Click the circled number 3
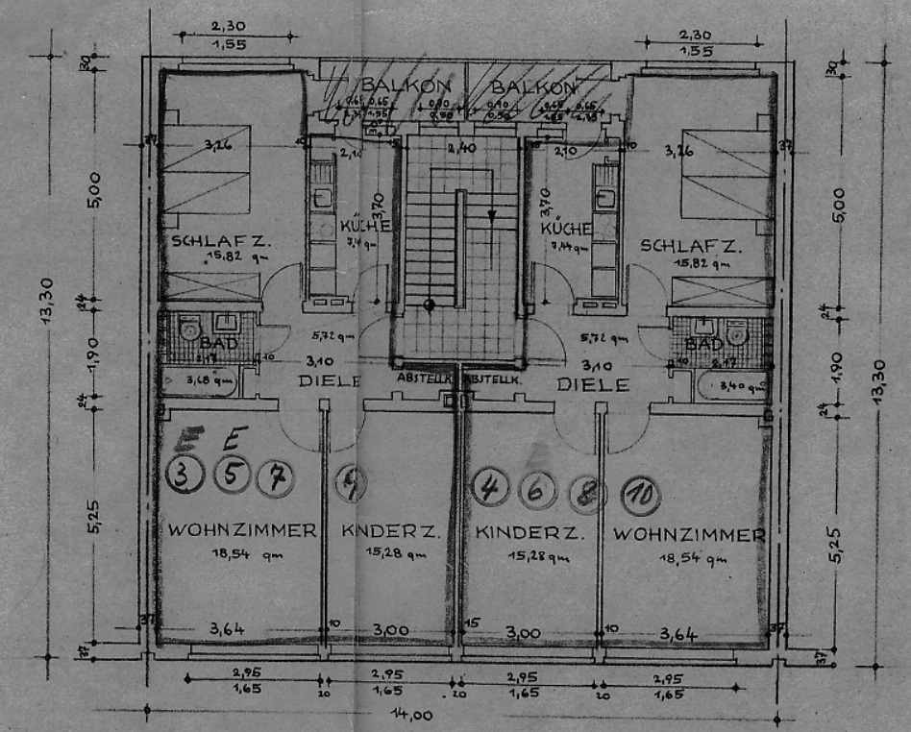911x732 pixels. [185, 475]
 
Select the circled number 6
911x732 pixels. [536, 490]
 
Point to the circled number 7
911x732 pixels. [277, 476]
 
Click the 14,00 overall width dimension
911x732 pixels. [411, 715]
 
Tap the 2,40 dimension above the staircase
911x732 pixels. [461, 149]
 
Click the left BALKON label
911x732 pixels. [392, 85]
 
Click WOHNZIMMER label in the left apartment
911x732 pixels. [241, 530]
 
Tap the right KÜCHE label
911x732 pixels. [565, 229]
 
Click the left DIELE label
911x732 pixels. [329, 380]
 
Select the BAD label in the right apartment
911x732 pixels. [704, 344]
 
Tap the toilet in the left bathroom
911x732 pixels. [187, 329]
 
